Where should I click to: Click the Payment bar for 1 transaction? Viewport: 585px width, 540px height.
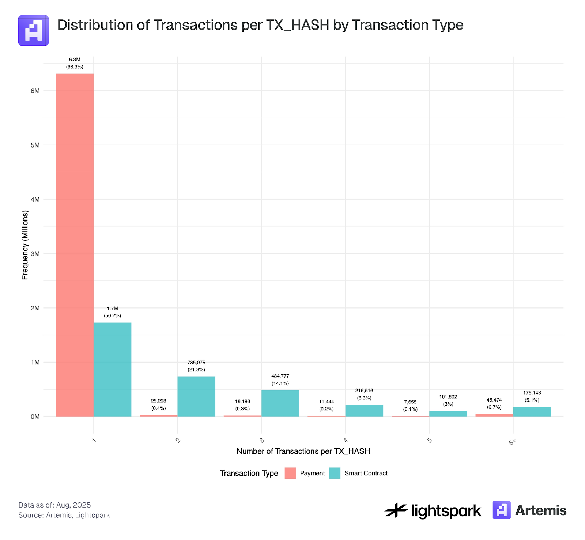point(75,245)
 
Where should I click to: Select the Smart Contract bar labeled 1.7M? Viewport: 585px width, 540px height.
point(112,369)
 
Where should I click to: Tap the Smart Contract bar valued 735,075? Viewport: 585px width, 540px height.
point(196,396)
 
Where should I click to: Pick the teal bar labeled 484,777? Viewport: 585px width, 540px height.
point(280,403)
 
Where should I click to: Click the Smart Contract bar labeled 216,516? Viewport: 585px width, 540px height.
point(364,410)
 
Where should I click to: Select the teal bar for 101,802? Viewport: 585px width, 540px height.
point(448,414)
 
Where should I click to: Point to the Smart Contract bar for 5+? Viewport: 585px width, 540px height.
point(532,411)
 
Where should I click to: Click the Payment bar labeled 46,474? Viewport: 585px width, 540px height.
point(494,415)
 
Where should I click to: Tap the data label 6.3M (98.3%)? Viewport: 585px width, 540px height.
point(75,63)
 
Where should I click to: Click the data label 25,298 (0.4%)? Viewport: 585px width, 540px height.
point(158,405)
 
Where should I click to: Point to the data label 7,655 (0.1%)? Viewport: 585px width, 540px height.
point(410,406)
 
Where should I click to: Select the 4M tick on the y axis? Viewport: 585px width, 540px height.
point(35,199)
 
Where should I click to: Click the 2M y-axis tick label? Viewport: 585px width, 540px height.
point(35,308)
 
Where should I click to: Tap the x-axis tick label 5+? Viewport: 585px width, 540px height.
point(512,442)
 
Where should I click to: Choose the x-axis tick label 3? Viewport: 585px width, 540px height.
point(261,440)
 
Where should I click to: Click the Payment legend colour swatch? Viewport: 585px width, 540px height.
point(290,473)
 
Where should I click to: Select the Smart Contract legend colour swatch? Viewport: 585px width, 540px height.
point(335,473)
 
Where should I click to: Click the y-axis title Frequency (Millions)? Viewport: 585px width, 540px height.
point(25,245)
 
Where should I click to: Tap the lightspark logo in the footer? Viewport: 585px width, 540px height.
point(433,510)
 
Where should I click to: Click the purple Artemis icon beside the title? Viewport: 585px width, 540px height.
point(34,30)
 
